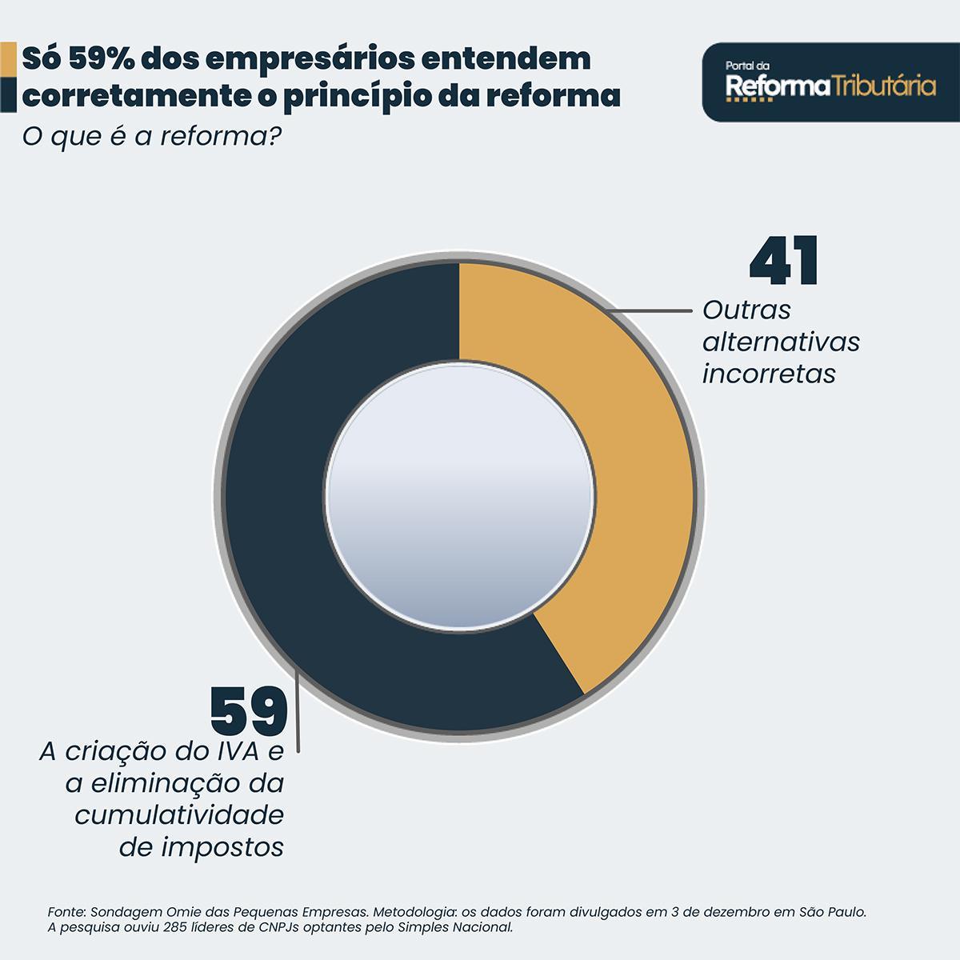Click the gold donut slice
632,480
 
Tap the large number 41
784,261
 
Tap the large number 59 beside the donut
249,711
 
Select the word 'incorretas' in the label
769,374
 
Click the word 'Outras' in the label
746,310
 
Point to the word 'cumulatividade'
179,815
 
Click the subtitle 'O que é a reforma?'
151,136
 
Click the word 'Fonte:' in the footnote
67,911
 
